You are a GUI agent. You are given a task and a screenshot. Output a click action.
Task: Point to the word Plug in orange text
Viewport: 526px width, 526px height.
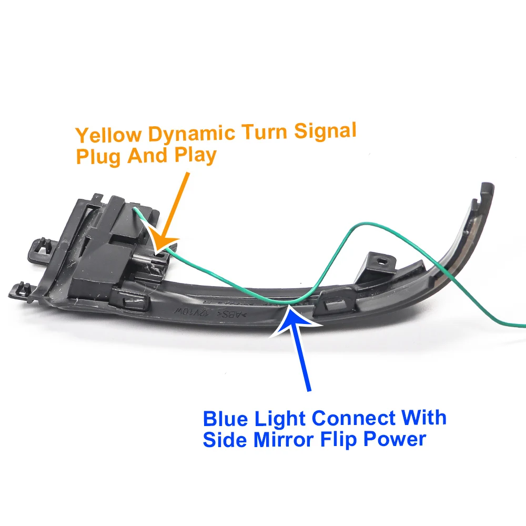click(x=98, y=156)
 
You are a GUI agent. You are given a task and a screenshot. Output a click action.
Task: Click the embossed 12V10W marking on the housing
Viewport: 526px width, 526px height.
click(x=215, y=314)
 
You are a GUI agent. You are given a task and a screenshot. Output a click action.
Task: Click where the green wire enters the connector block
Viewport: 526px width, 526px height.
click(x=135, y=210)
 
